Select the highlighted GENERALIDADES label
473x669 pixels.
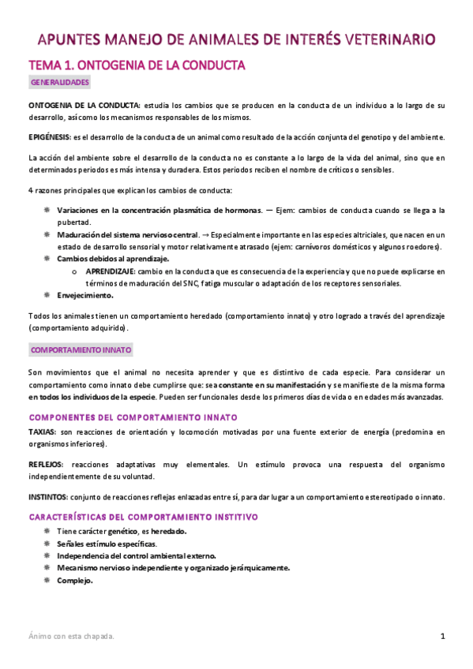click(60, 82)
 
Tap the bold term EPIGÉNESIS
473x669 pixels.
click(49, 136)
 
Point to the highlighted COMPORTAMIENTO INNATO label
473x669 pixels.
click(81, 349)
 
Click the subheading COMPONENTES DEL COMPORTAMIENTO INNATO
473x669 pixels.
click(133, 417)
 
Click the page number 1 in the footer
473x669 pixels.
click(443, 636)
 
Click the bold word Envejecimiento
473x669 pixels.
click(85, 295)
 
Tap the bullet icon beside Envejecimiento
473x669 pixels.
click(47, 295)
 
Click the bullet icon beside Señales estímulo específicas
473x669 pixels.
click(47, 544)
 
